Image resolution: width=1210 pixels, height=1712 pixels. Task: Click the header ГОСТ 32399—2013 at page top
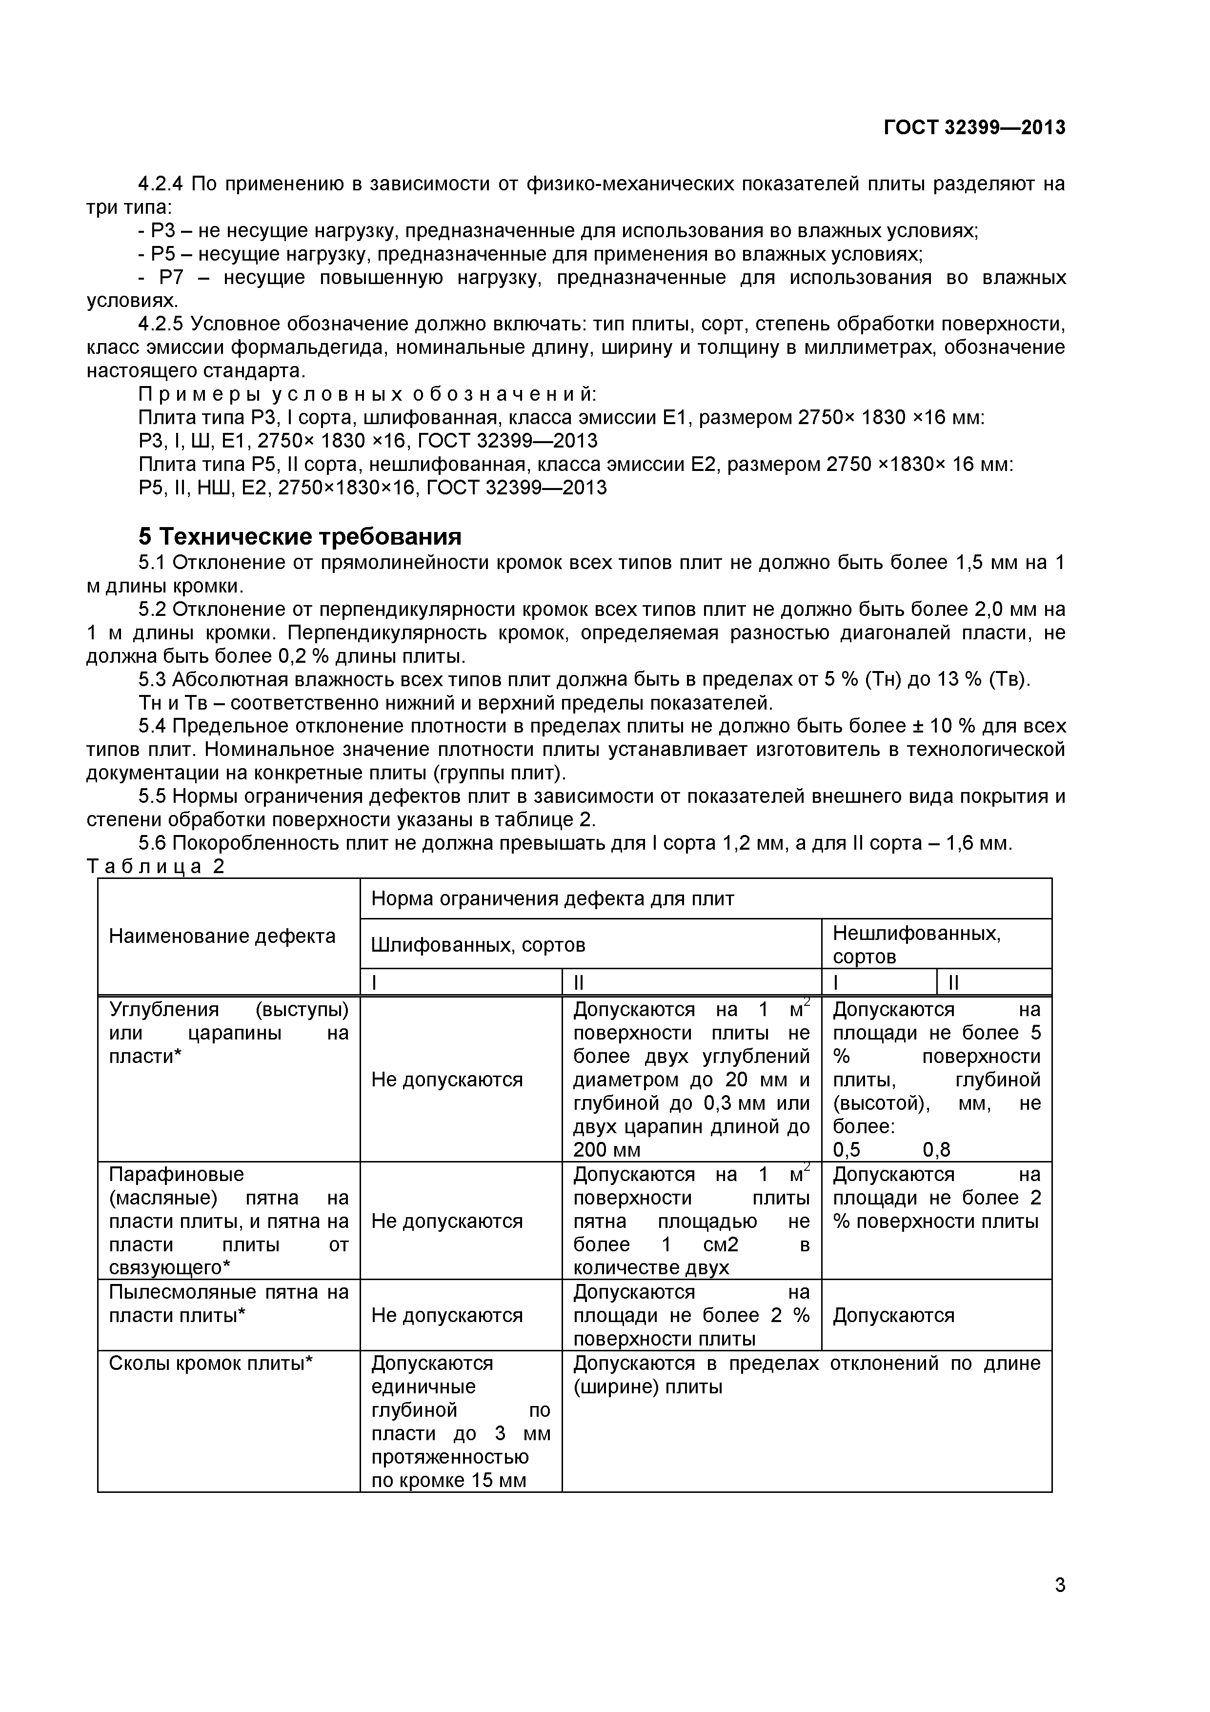click(x=974, y=128)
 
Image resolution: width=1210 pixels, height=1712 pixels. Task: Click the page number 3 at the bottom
click(x=1059, y=1606)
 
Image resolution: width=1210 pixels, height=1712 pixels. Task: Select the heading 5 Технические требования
click(x=300, y=536)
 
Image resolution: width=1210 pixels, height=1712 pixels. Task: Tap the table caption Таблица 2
click(x=155, y=866)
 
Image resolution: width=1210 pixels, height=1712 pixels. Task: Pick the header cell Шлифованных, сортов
click(x=478, y=945)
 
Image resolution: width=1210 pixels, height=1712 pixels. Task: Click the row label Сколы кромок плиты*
click(x=211, y=1363)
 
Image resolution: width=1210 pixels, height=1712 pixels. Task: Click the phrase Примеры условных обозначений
click(x=367, y=394)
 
